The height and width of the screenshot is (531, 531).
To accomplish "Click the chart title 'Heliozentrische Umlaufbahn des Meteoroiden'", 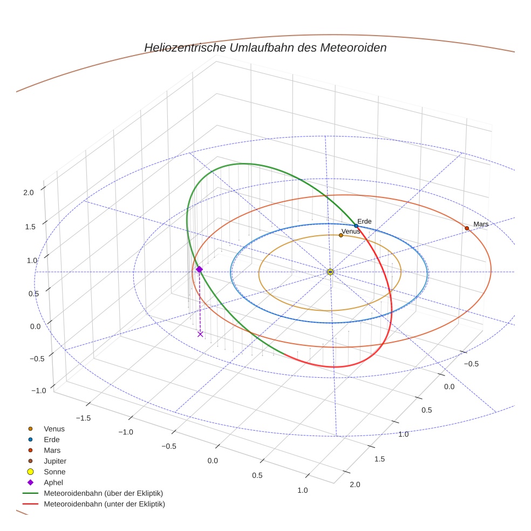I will [265, 47].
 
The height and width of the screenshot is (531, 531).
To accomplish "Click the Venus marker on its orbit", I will [341, 235].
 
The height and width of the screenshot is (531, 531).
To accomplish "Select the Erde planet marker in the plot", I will [356, 226].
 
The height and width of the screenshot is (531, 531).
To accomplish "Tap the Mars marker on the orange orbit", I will [467, 228].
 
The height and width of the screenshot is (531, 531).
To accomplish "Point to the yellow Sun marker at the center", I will [330, 272].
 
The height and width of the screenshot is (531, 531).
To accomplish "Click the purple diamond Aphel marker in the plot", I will [199, 269].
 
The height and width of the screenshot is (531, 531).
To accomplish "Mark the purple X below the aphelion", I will [200, 334].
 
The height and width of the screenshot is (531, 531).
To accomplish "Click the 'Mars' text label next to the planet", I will [481, 224].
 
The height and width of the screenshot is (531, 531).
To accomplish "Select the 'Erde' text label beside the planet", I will [364, 221].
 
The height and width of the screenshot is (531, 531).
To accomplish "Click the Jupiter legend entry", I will [55, 461].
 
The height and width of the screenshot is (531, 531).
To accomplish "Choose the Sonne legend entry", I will [55, 472].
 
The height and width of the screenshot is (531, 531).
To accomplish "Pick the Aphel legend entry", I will [53, 482].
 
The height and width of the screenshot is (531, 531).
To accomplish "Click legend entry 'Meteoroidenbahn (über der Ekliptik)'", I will [103, 493].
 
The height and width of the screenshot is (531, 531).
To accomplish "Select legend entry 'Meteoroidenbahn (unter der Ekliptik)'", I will [104, 504].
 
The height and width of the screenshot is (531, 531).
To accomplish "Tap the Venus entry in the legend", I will [54, 428].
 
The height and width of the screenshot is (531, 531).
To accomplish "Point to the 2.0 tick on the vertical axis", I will [29, 192].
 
